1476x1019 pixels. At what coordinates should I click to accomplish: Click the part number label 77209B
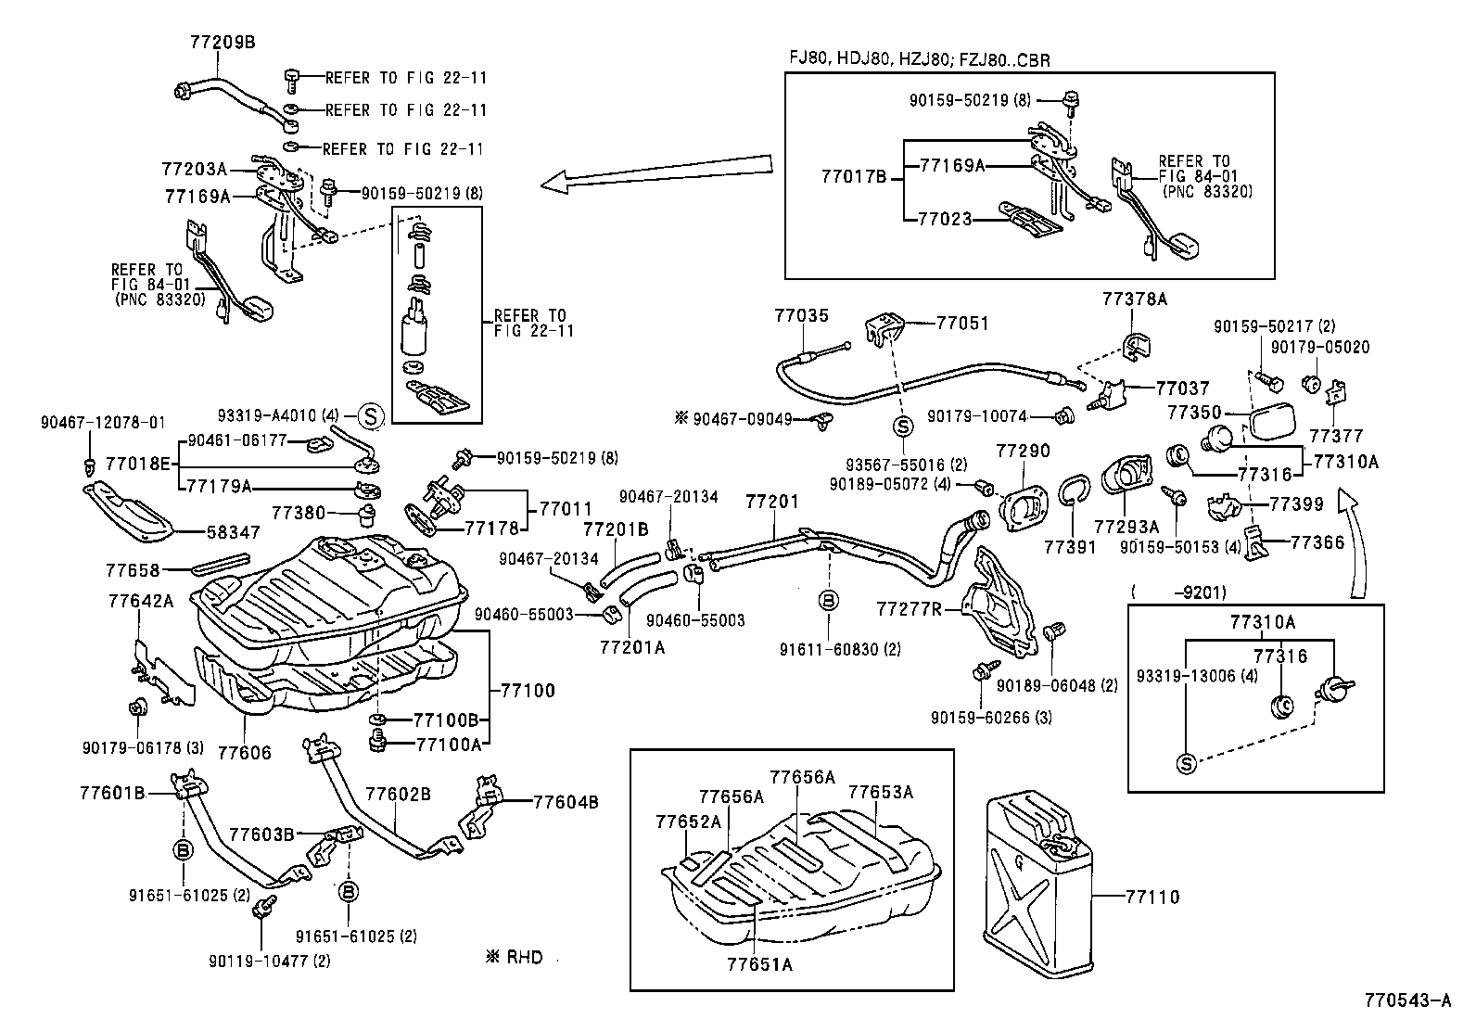[x=222, y=42]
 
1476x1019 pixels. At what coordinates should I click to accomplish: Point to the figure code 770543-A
[x=1406, y=1000]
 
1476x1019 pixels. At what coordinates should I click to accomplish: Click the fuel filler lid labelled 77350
[x=1278, y=425]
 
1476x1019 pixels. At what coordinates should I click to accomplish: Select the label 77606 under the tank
[x=245, y=752]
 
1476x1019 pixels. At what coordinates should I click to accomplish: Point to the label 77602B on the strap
[x=398, y=795]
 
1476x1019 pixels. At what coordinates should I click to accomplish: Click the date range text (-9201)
[x=1178, y=591]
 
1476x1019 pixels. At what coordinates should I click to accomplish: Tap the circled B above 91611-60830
[x=829, y=600]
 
